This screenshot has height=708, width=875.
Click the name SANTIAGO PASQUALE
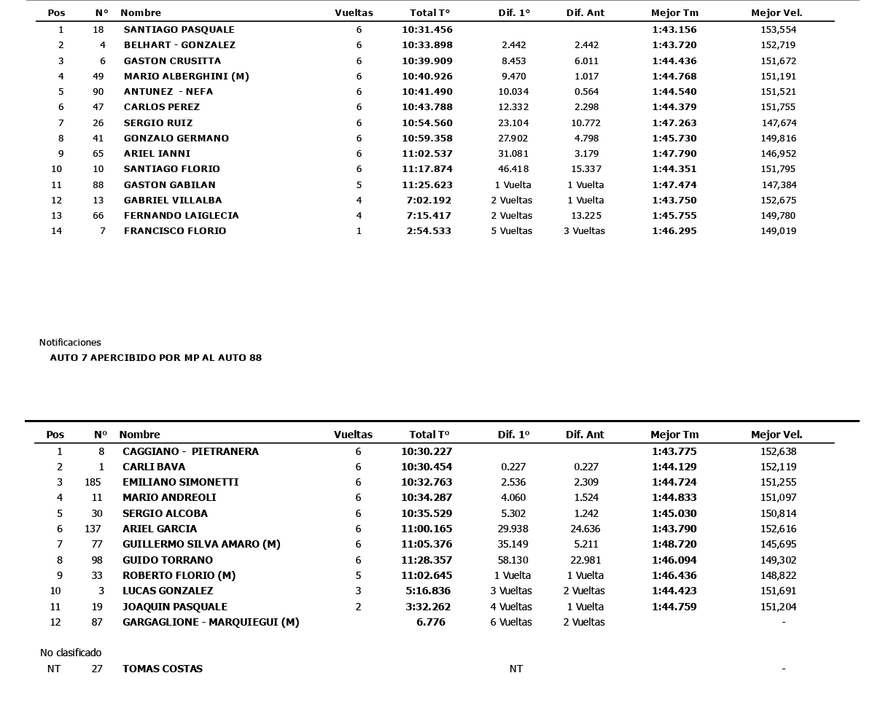point(179,30)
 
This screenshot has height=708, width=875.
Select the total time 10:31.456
point(427,30)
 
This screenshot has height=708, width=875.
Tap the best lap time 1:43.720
point(674,45)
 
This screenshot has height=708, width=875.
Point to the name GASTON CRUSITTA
point(172,61)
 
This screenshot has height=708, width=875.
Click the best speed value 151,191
point(778,77)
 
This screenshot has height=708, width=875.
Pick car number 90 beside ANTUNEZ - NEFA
point(98,92)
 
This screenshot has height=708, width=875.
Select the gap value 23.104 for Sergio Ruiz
point(513,123)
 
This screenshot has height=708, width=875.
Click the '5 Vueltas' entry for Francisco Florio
point(511,231)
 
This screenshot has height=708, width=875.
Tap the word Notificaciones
point(70,343)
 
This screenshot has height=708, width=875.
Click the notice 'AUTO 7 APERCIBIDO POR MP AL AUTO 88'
point(155,358)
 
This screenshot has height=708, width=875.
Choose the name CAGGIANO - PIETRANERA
point(190,452)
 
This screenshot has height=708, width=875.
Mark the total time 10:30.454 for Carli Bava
point(427,467)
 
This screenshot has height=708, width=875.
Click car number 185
point(93,483)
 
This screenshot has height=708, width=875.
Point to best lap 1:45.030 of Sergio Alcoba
point(674,514)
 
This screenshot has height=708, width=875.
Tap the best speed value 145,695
point(778,545)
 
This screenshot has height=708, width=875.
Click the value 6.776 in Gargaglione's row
point(430,623)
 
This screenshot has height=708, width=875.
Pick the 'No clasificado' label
point(71,653)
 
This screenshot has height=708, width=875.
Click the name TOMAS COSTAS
point(163,669)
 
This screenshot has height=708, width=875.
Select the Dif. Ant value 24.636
point(585,529)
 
